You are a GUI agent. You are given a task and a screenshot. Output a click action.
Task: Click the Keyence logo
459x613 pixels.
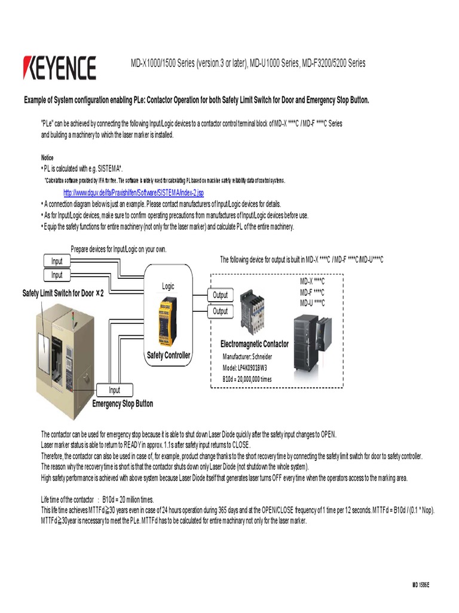59,68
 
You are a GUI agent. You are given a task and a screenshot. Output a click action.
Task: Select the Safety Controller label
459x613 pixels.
169,356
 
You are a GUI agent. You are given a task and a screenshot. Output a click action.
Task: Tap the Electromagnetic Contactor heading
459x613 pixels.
255,344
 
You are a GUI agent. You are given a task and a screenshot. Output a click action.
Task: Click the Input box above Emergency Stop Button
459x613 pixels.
114,390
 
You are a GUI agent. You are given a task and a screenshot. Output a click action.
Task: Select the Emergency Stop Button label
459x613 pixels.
123,404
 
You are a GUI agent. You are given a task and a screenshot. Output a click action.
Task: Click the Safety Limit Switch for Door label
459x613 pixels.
63,293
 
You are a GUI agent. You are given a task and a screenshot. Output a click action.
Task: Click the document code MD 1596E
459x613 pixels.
420,584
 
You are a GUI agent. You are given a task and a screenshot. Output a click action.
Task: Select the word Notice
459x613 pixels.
47,158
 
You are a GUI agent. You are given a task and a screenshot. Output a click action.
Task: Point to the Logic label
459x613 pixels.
169,287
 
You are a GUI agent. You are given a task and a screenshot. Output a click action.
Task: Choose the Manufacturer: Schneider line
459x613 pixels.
250,357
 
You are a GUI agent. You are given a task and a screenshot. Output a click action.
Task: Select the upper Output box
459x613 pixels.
221,295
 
